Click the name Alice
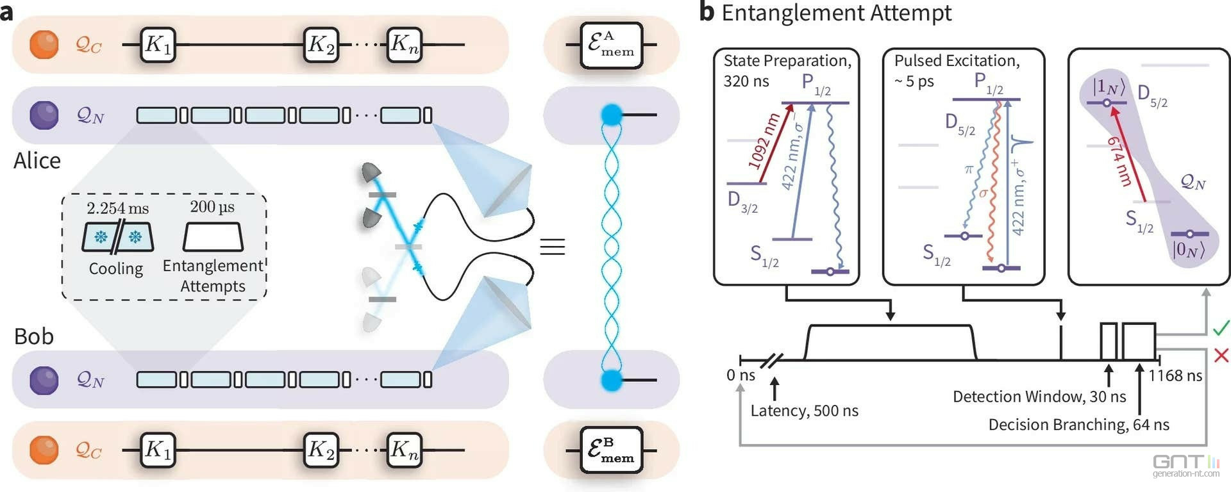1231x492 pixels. click(37, 160)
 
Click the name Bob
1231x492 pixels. click(34, 336)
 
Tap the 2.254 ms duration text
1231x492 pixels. click(117, 208)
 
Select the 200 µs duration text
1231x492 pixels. click(212, 207)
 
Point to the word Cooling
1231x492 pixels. click(115, 268)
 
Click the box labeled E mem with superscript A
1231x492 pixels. click(611, 45)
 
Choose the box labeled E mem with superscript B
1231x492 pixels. click(611, 450)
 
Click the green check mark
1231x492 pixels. click(1221, 328)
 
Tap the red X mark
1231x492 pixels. click(1221, 355)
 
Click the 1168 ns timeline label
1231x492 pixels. click(1175, 375)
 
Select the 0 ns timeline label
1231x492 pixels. click(741, 375)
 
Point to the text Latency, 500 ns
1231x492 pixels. click(804, 411)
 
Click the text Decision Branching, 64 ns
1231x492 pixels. click(1078, 425)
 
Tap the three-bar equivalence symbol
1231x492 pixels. click(552, 247)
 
